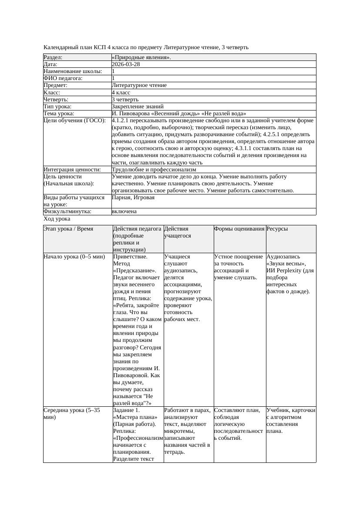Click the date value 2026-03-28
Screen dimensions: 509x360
pyautogui.click(x=126, y=64)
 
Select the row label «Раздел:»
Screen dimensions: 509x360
pyautogui.click(x=53, y=57)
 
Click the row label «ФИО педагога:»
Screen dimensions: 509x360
pyautogui.click(x=63, y=78)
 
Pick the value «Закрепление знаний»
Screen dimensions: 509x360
pyautogui.click(x=138, y=106)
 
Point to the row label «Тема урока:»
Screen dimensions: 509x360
pyautogui.click(x=59, y=113)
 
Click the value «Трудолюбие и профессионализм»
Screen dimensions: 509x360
pyautogui.click(x=154, y=170)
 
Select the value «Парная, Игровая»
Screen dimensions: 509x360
pyautogui.click(x=133, y=198)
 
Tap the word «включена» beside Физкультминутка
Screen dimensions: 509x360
pyautogui.click(x=124, y=211)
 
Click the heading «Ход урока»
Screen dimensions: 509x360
pyautogui.click(x=57, y=219)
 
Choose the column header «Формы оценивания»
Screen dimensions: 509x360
pyautogui.click(x=239, y=229)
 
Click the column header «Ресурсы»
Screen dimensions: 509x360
pyautogui.click(x=277, y=229)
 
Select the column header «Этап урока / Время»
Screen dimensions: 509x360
pyautogui.click(x=68, y=229)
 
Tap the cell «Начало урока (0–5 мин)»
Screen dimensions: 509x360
pyautogui.click(x=74, y=257)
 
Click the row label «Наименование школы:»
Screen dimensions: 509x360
pyautogui.click(x=73, y=71)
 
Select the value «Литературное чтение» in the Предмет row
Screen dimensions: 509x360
pyautogui.click(x=139, y=85)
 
